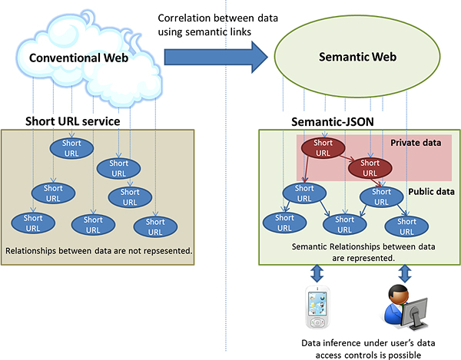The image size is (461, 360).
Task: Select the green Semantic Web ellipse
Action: pyautogui.click(x=355, y=57)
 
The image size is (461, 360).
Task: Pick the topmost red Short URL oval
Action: pyautogui.click(x=323, y=148)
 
